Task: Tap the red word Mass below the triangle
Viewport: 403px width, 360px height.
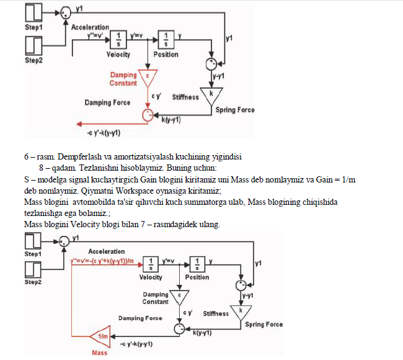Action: (x=100, y=353)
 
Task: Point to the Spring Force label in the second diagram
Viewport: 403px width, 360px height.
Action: (x=263, y=324)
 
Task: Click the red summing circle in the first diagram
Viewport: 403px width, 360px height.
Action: (x=147, y=115)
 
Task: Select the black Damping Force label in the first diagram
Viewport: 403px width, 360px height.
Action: (x=107, y=102)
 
